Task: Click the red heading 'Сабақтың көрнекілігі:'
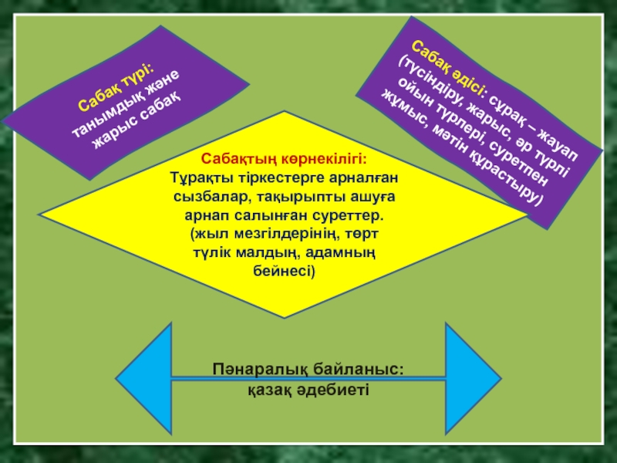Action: [x=285, y=160]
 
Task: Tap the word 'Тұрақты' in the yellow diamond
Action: [x=197, y=177]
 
